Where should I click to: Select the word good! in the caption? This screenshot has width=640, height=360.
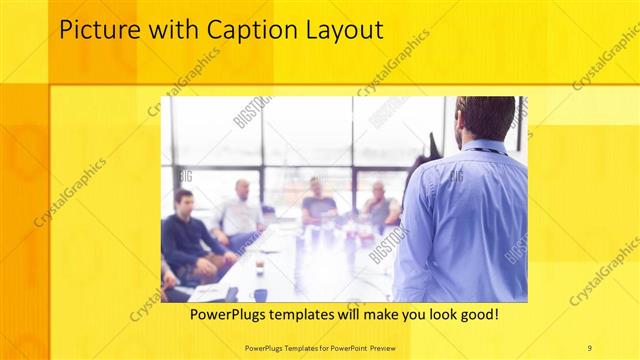[478, 314]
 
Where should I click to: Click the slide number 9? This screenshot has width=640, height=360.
[589, 347]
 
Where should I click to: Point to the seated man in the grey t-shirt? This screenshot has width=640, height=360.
[318, 205]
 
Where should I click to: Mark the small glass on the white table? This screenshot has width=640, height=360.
[258, 266]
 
